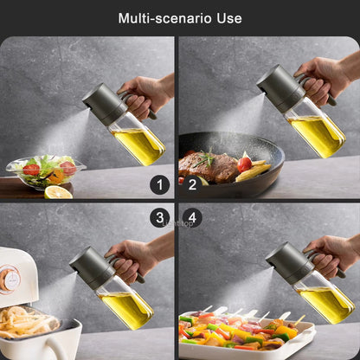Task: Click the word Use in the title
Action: (x=230, y=18)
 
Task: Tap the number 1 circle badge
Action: (x=159, y=183)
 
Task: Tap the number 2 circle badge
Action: (x=193, y=183)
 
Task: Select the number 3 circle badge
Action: (x=159, y=217)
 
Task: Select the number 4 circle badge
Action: (x=193, y=217)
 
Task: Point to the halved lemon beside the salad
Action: (x=58, y=191)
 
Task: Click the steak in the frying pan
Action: (x=208, y=164)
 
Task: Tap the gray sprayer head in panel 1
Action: (x=103, y=104)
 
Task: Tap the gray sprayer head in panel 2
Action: (x=279, y=87)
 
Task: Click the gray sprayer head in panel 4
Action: (x=288, y=262)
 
